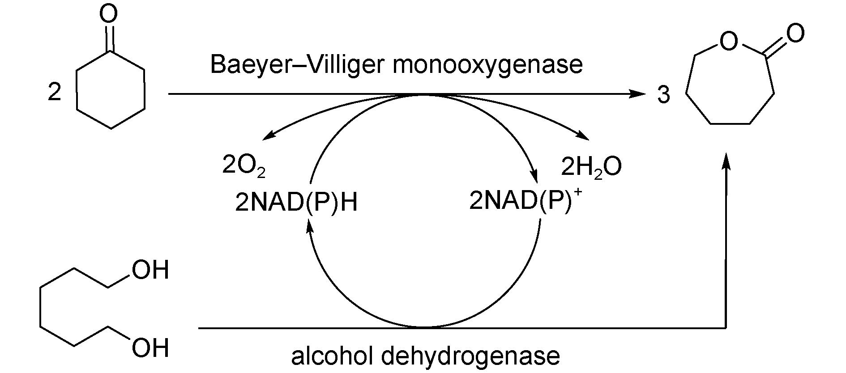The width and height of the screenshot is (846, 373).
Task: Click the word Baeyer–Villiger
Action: [295, 65]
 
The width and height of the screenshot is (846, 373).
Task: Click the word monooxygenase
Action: [487, 65]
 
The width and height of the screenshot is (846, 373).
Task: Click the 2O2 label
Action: [244, 167]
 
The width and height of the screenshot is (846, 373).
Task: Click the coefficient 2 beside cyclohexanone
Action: [54, 93]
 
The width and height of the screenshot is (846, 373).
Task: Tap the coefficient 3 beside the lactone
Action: [663, 95]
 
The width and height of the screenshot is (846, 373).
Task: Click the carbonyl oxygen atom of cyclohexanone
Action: [109, 14]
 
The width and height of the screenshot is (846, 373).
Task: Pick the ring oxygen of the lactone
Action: [728, 42]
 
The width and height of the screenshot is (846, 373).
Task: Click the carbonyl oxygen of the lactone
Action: [795, 33]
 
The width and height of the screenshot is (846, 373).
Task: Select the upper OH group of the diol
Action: [150, 271]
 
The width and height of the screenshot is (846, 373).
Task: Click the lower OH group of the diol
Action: [150, 348]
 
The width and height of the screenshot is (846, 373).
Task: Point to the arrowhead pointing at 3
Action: [639, 94]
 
